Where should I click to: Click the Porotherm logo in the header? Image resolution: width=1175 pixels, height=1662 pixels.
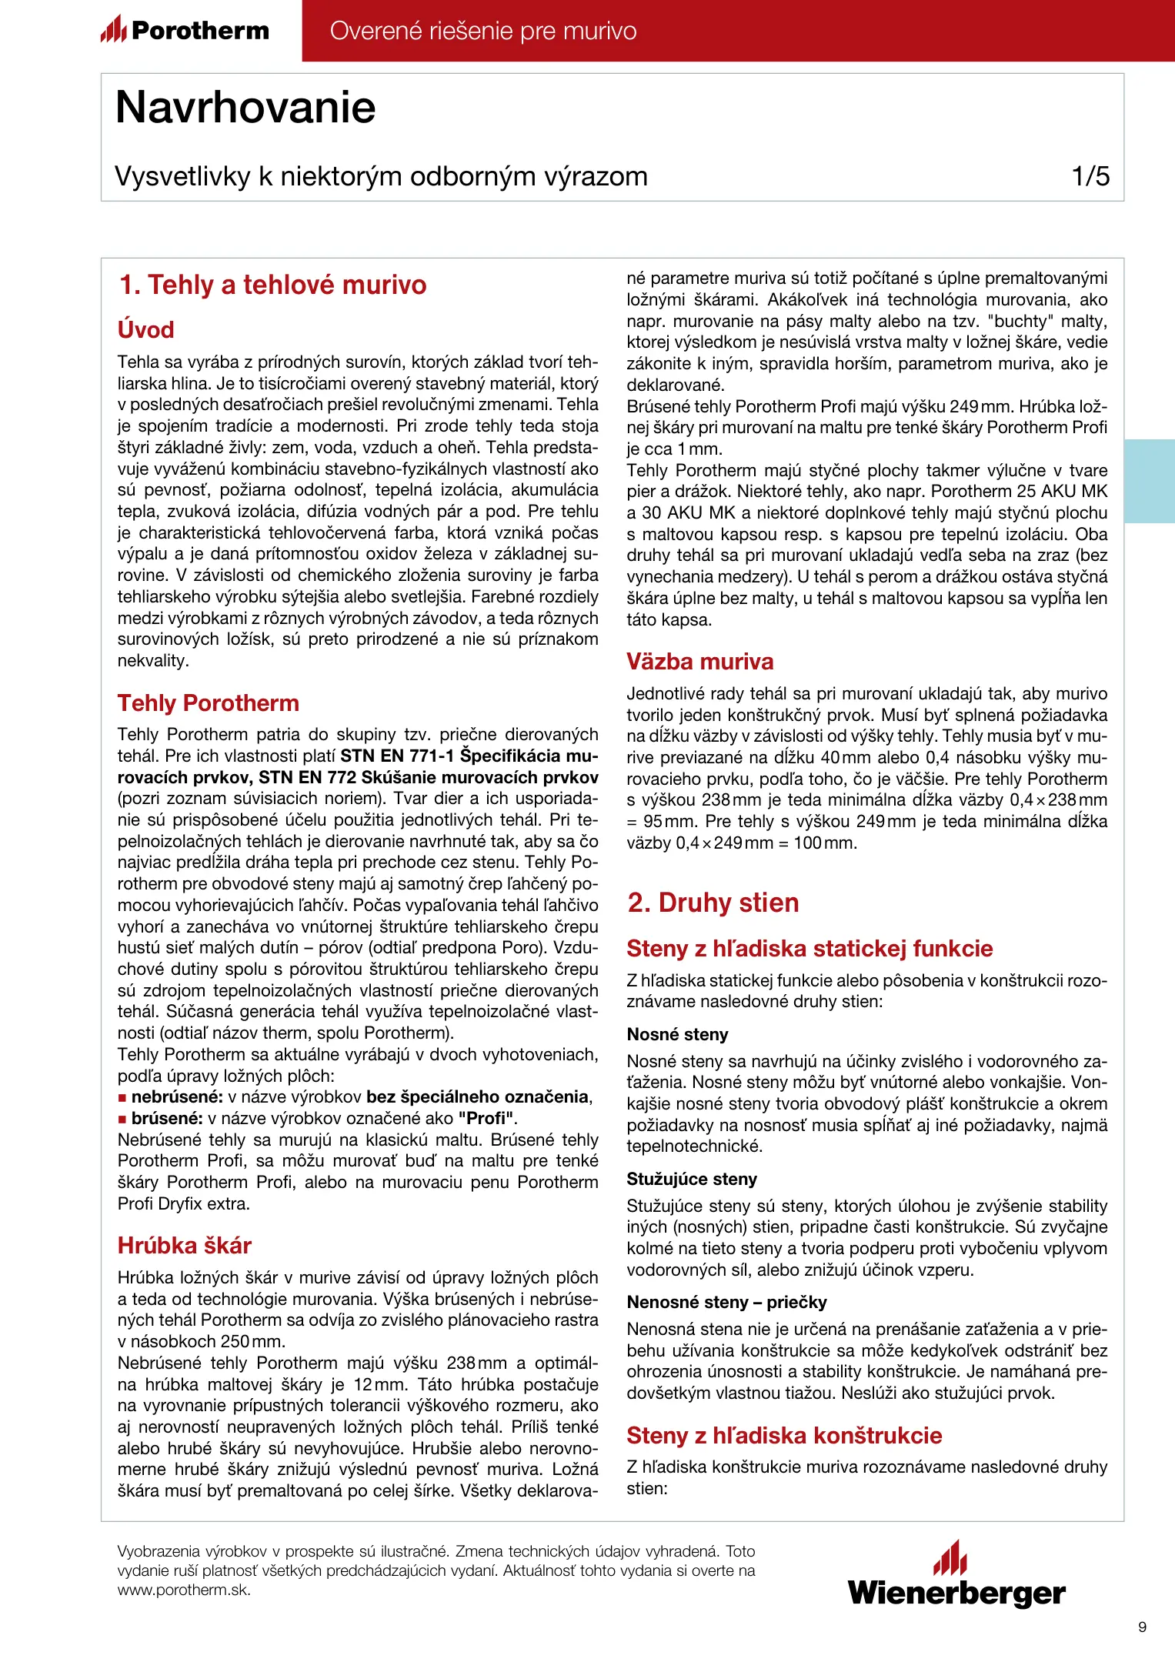tap(185, 30)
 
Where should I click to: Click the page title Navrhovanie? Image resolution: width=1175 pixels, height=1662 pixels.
tap(245, 107)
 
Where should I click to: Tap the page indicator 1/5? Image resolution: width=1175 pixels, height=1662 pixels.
tap(1090, 176)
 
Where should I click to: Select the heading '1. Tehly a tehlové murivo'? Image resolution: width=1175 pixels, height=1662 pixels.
tap(272, 285)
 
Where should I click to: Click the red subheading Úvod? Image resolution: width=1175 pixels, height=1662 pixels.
tap(145, 329)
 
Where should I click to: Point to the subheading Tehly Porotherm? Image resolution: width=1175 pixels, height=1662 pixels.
tap(208, 703)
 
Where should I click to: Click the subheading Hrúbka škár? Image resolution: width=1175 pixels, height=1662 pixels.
tap(185, 1245)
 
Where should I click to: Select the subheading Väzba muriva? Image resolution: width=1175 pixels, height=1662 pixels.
tap(699, 661)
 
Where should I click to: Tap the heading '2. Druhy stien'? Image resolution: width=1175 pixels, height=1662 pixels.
tap(713, 902)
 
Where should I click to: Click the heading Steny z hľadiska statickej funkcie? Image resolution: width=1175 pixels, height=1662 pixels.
tap(809, 948)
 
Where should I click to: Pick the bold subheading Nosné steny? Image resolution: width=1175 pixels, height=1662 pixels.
tap(677, 1034)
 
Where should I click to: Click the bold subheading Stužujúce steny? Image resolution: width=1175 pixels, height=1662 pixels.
tap(692, 1179)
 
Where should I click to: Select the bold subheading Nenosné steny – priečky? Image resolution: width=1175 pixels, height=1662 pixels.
tap(726, 1302)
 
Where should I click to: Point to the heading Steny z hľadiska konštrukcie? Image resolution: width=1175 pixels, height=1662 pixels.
tap(784, 1435)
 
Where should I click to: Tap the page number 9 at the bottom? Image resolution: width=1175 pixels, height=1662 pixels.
tap(1142, 1627)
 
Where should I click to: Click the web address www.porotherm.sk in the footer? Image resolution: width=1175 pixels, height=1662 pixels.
tap(184, 1590)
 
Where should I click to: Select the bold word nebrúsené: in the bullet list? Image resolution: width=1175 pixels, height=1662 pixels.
tap(177, 1096)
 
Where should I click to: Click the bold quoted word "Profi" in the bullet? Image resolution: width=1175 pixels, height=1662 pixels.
tap(490, 1118)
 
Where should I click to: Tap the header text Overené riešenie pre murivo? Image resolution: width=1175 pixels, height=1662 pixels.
tap(483, 31)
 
